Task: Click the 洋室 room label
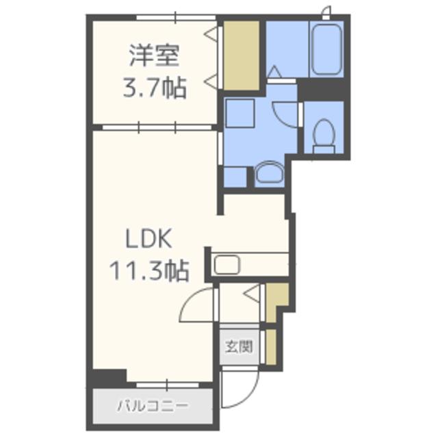[x=154, y=55]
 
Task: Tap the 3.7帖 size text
[x=155, y=88]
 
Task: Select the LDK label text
[x=149, y=239]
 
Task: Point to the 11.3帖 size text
[x=149, y=271]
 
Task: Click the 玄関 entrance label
[x=239, y=347]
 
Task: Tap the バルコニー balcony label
[x=152, y=406]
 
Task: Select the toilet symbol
[x=324, y=136]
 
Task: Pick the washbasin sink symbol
[x=270, y=173]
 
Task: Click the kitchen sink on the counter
[x=227, y=265]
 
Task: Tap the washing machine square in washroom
[x=240, y=113]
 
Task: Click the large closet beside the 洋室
[x=242, y=55]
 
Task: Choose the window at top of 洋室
[x=176, y=18]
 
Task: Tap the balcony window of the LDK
[x=167, y=385]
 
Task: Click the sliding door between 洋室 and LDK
[x=157, y=128]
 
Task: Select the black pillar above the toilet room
[x=321, y=90]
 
